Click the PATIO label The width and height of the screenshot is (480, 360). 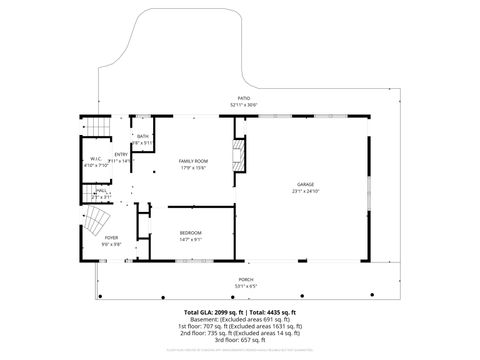click(244, 98)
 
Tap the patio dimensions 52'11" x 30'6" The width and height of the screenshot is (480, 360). click(244, 104)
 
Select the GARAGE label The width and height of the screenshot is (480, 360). click(305, 186)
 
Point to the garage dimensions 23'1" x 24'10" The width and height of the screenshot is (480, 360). click(305, 192)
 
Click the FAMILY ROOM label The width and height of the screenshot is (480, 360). click(193, 161)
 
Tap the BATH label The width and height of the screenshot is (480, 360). click(143, 137)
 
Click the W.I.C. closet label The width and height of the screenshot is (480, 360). click(96, 159)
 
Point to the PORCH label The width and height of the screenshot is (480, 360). click(245, 280)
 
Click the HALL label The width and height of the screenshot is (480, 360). click(102, 191)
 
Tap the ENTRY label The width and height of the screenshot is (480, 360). click(121, 154)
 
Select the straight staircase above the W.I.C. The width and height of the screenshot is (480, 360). click(96, 129)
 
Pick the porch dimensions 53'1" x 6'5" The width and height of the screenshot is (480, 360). click(245, 286)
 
